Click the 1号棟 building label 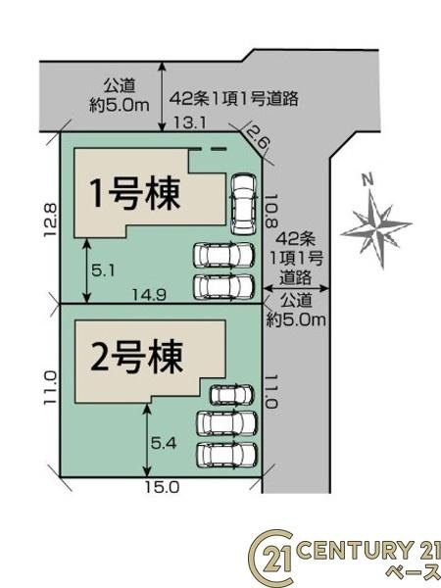tap(136, 194)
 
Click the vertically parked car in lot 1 tap(242, 202)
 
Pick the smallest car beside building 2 tap(230, 395)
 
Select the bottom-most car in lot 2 tap(226, 456)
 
